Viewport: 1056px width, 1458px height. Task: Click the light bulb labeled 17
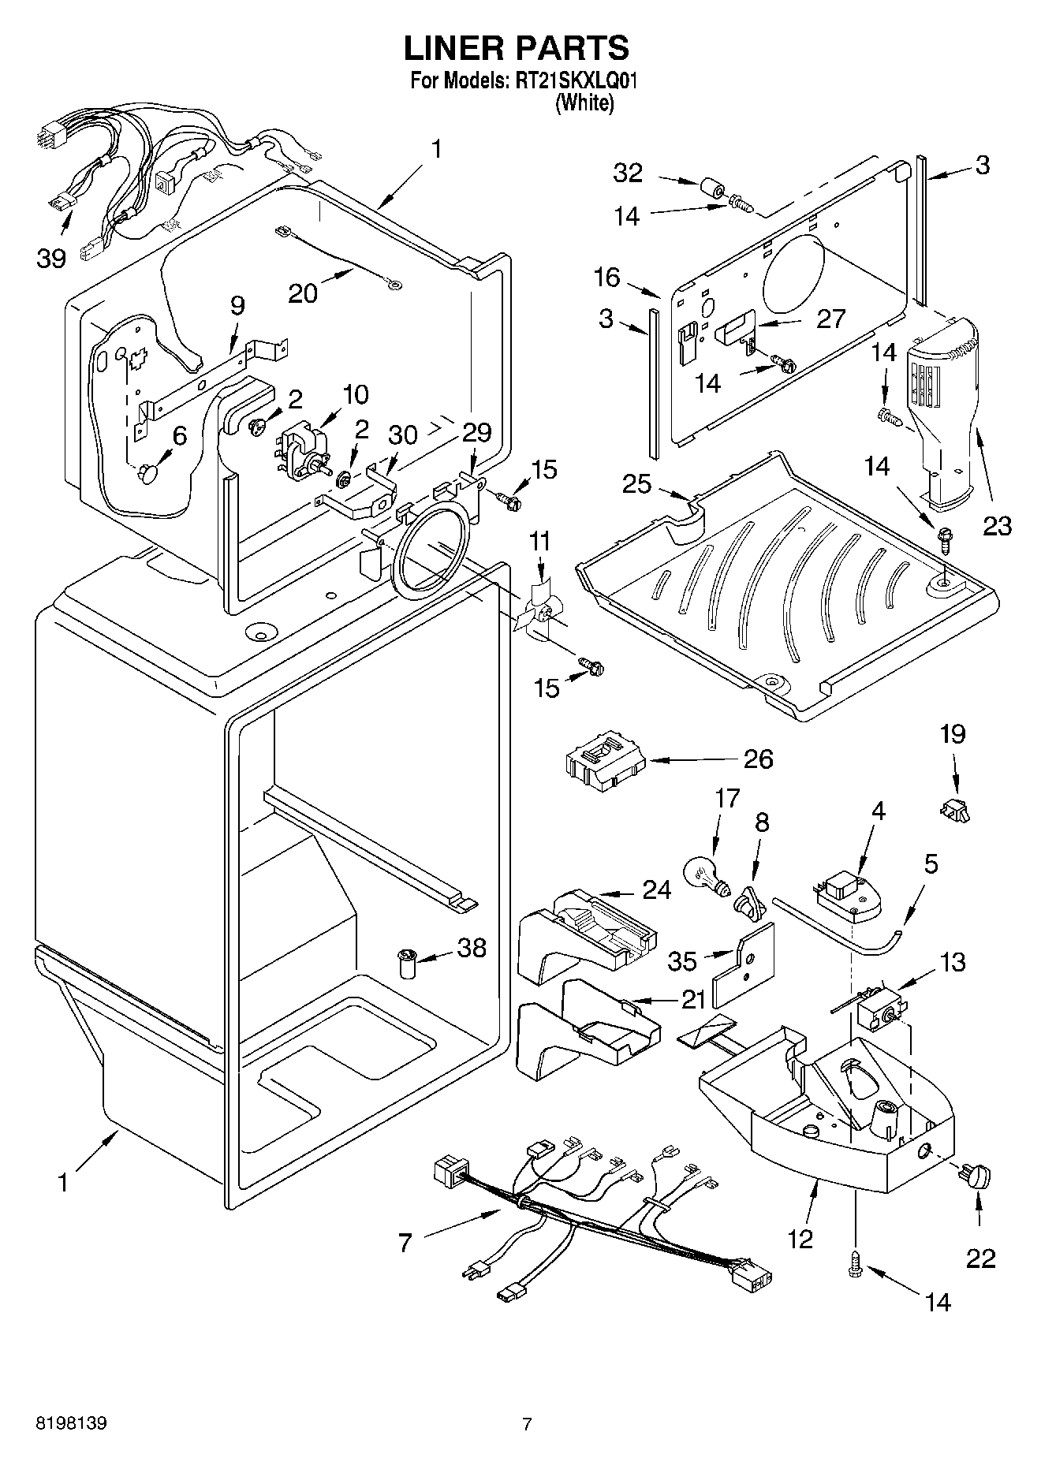[704, 876]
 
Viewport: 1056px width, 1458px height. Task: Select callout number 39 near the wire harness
[51, 258]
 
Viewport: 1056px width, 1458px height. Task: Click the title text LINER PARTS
[517, 48]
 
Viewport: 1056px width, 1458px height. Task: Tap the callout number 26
[758, 759]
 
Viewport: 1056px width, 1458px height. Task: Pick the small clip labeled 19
[954, 808]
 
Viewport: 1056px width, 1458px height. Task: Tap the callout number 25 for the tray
[637, 483]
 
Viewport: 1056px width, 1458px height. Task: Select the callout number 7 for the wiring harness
[405, 1244]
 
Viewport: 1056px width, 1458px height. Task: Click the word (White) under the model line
[584, 103]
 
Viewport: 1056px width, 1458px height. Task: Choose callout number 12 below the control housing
[800, 1238]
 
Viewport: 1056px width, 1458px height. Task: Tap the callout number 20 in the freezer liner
[303, 293]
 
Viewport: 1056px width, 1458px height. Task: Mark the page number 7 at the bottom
[527, 1423]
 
